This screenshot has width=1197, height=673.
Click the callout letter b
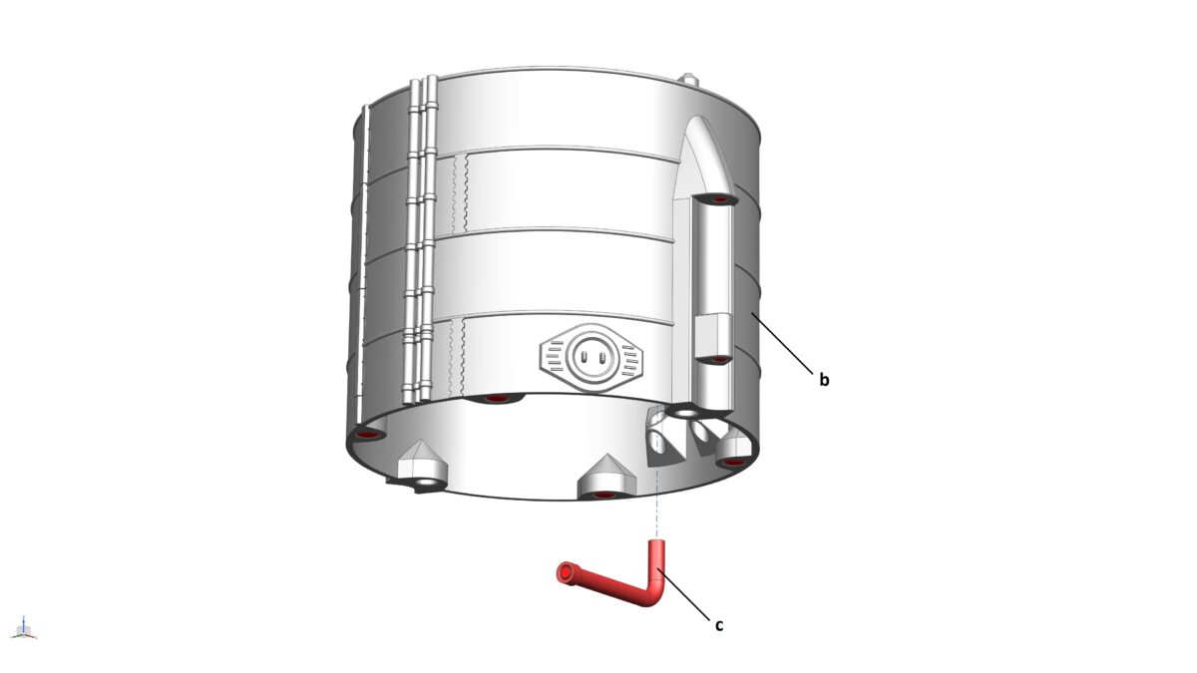(824, 380)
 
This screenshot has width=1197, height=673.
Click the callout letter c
(718, 625)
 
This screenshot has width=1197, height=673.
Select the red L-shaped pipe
(618, 582)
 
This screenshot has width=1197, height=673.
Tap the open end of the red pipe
(567, 571)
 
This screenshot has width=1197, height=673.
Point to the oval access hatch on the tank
(590, 354)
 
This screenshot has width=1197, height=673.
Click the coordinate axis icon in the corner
(25, 628)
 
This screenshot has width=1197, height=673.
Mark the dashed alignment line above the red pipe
(657, 508)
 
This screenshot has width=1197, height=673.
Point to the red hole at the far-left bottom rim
(368, 436)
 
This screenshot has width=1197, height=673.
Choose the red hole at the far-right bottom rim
(734, 462)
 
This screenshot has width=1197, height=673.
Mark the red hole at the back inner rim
(496, 399)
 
